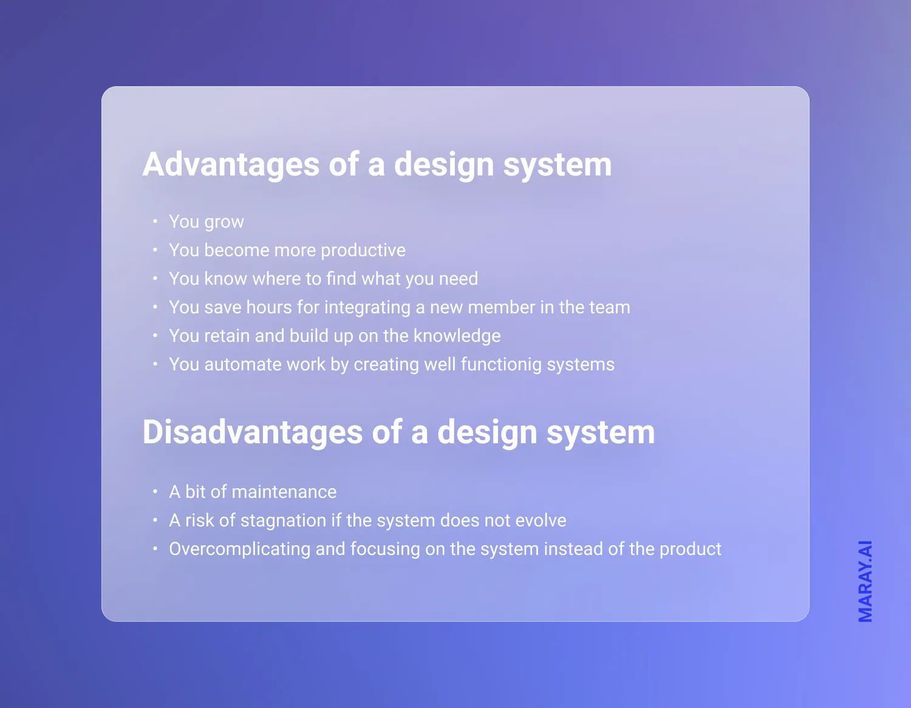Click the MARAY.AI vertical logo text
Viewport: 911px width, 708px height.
(865, 581)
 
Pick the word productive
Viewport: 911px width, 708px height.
(363, 250)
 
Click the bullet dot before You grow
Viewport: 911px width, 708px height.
(155, 221)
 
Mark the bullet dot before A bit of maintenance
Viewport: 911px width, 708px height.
(155, 491)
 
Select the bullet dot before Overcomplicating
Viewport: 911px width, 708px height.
(155, 548)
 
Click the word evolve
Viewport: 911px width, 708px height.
(541, 520)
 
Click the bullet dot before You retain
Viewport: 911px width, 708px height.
(155, 335)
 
